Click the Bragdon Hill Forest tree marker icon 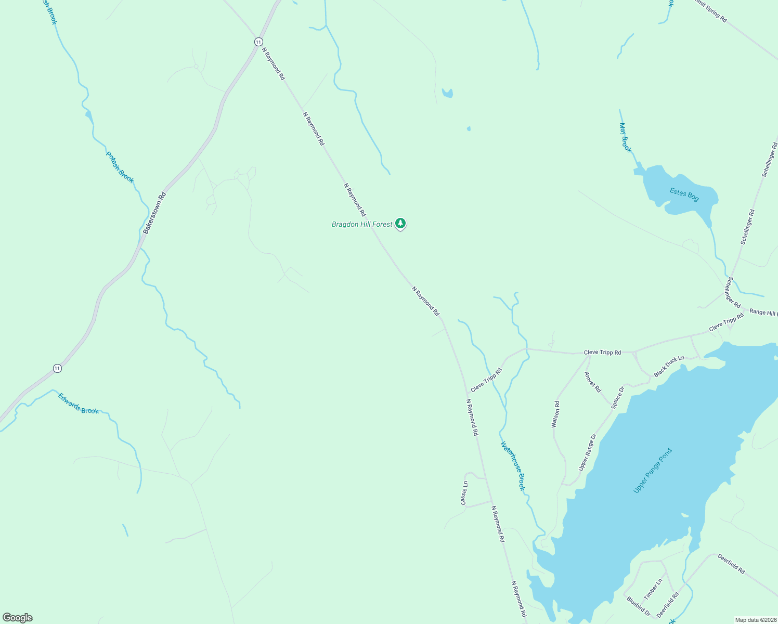point(400,224)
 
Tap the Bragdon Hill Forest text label point(362,224)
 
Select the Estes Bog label point(684,194)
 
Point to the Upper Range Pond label point(653,470)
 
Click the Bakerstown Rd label point(154,212)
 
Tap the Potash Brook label point(120,167)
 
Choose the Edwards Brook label point(78,404)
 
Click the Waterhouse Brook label point(513,465)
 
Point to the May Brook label point(626,137)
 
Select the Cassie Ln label point(464,492)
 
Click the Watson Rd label point(555,414)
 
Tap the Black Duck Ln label point(669,366)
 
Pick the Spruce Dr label point(617,397)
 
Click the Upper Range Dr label point(587,452)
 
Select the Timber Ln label point(653,589)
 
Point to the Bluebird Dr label point(638,606)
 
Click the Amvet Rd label point(592,382)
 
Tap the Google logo point(18,618)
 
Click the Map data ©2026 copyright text point(755,620)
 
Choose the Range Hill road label point(763,313)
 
